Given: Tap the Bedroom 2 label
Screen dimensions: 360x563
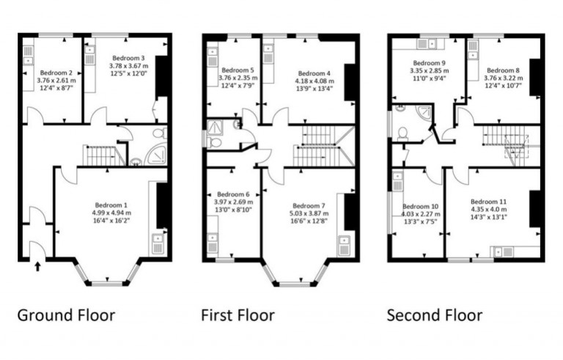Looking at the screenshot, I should [56, 73].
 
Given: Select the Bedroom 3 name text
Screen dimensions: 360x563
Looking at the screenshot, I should [128, 57].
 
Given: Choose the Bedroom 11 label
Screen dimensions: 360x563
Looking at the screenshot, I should [488, 201].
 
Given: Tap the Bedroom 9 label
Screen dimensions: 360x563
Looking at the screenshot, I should [429, 63].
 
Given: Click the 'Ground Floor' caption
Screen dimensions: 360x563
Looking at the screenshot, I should [66, 315].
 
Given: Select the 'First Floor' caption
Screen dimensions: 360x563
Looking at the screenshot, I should [238, 315].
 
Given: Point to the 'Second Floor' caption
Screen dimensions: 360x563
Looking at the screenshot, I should [435, 315].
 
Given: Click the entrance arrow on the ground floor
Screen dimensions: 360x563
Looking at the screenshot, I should [37, 265].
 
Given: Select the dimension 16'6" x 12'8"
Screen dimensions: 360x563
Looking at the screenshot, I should [308, 221].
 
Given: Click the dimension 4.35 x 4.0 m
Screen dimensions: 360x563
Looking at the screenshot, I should [488, 209].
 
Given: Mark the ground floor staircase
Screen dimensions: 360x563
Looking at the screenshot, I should [99, 155].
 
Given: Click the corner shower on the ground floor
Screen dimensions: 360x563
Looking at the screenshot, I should [156, 155].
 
